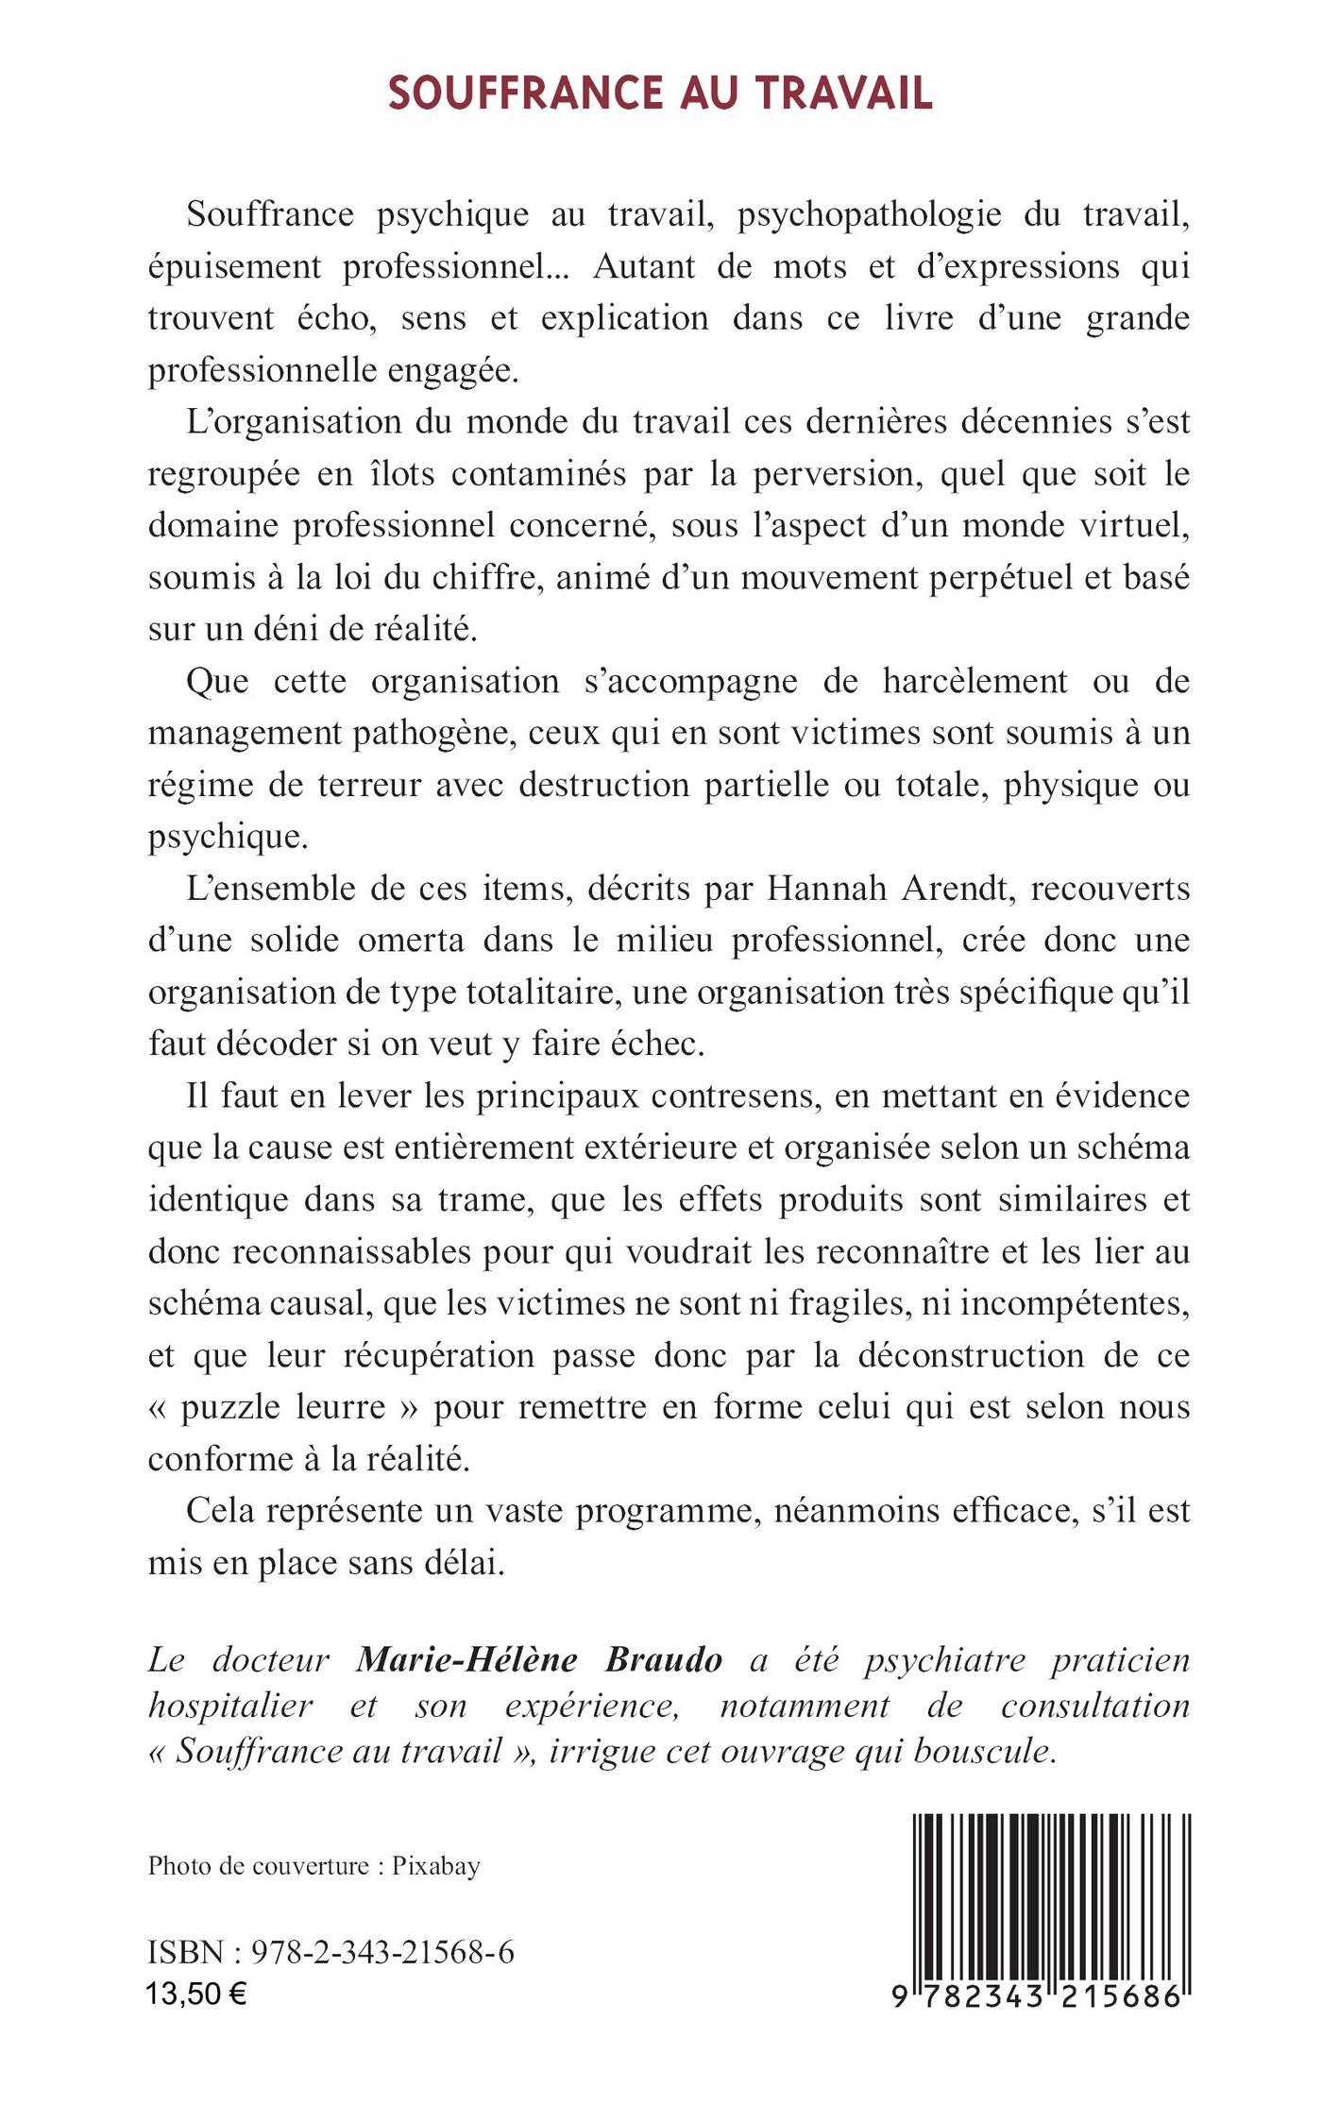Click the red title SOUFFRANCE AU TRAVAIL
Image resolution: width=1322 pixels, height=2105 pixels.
(x=660, y=93)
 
